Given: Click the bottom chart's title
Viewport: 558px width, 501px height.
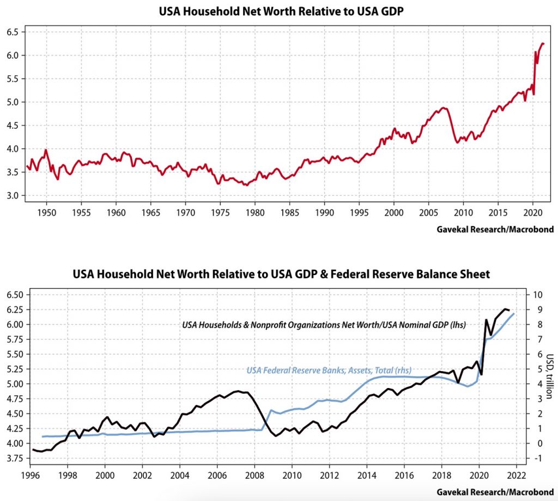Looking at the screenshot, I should pyautogui.click(x=281, y=274).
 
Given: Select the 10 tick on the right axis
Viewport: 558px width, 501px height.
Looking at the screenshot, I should pyautogui.click(x=538, y=295).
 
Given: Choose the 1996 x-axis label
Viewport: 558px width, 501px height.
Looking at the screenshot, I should pyautogui.click(x=30, y=474).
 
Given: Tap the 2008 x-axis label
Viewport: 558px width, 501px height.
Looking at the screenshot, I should pyautogui.click(x=254, y=474).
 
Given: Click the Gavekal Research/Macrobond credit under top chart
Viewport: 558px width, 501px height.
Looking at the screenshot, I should pyautogui.click(x=495, y=229).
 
